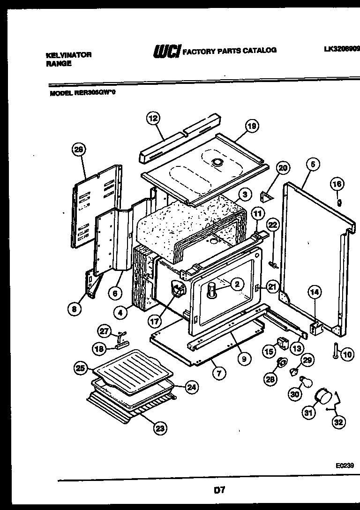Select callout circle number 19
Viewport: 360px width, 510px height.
click(x=252, y=126)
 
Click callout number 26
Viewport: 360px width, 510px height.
click(x=79, y=150)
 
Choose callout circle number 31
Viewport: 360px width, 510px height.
click(x=307, y=412)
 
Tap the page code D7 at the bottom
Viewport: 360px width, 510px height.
click(x=219, y=490)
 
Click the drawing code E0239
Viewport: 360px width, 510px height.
click(x=345, y=466)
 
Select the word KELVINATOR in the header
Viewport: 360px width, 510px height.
click(x=69, y=55)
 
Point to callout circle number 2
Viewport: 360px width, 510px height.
click(x=237, y=284)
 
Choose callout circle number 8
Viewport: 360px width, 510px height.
click(x=74, y=309)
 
